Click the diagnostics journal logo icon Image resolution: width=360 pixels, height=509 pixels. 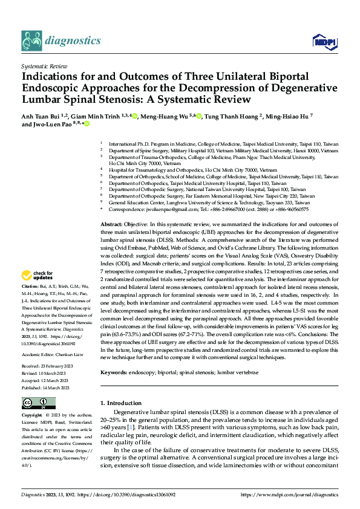coord(31,41)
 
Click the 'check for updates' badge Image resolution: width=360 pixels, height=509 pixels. coord(38,276)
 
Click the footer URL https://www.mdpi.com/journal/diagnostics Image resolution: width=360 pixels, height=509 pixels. coord(289,494)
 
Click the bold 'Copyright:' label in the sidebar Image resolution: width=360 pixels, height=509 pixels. coord(32,416)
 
